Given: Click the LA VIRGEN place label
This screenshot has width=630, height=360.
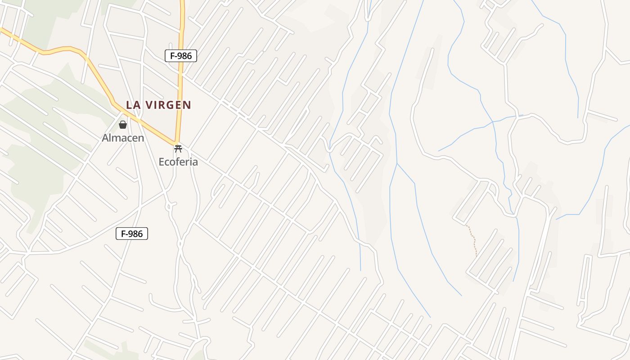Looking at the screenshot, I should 158,105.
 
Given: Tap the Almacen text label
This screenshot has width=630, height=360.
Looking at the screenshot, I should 123,138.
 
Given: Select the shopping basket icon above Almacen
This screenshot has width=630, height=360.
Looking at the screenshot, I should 123,125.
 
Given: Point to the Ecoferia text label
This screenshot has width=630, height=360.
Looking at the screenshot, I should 178,162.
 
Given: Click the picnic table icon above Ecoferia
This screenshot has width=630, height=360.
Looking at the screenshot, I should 178,148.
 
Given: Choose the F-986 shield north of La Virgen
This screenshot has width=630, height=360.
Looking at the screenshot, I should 181,56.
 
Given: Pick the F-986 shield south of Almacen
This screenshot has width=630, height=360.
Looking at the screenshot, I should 132,234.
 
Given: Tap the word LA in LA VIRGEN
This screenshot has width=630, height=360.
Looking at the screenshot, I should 132,105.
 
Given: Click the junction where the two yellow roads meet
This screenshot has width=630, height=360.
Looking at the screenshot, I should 177,143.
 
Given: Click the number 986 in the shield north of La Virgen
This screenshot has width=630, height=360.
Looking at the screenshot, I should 184,56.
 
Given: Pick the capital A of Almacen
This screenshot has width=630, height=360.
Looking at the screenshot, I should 105,138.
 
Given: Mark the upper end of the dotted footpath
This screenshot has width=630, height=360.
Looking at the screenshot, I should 466,225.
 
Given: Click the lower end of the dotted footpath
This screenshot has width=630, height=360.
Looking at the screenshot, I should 476,256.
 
